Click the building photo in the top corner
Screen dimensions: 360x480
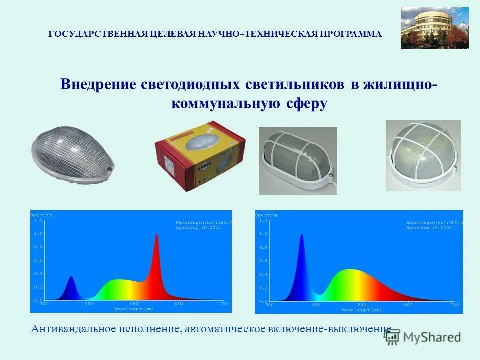[435, 28]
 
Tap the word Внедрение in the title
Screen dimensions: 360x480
[98, 84]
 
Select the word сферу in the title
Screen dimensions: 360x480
[307, 104]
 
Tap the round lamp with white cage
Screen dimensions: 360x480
[423, 155]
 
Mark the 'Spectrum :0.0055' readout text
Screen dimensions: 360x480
[198, 228]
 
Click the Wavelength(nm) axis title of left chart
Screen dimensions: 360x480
[134, 309]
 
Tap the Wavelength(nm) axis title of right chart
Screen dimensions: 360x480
[362, 310]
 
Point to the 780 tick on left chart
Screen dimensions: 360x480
[223, 304]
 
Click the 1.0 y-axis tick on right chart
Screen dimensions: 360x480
[263, 234]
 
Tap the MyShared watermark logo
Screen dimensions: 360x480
[423, 337]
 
